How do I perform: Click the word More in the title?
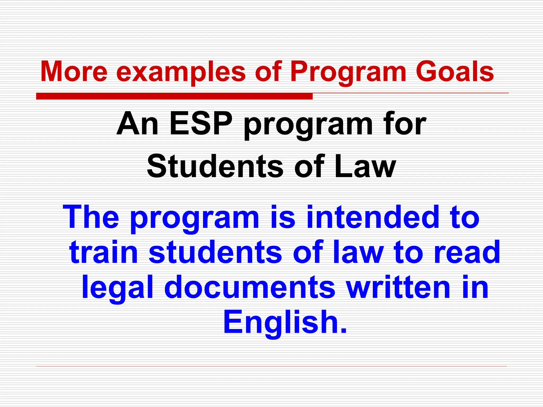[x=74, y=72]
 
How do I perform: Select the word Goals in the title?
[x=454, y=72]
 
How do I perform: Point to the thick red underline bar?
[x=174, y=96]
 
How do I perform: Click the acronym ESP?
[x=201, y=124]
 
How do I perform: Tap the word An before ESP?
[x=137, y=124]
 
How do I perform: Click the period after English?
[x=344, y=331]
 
